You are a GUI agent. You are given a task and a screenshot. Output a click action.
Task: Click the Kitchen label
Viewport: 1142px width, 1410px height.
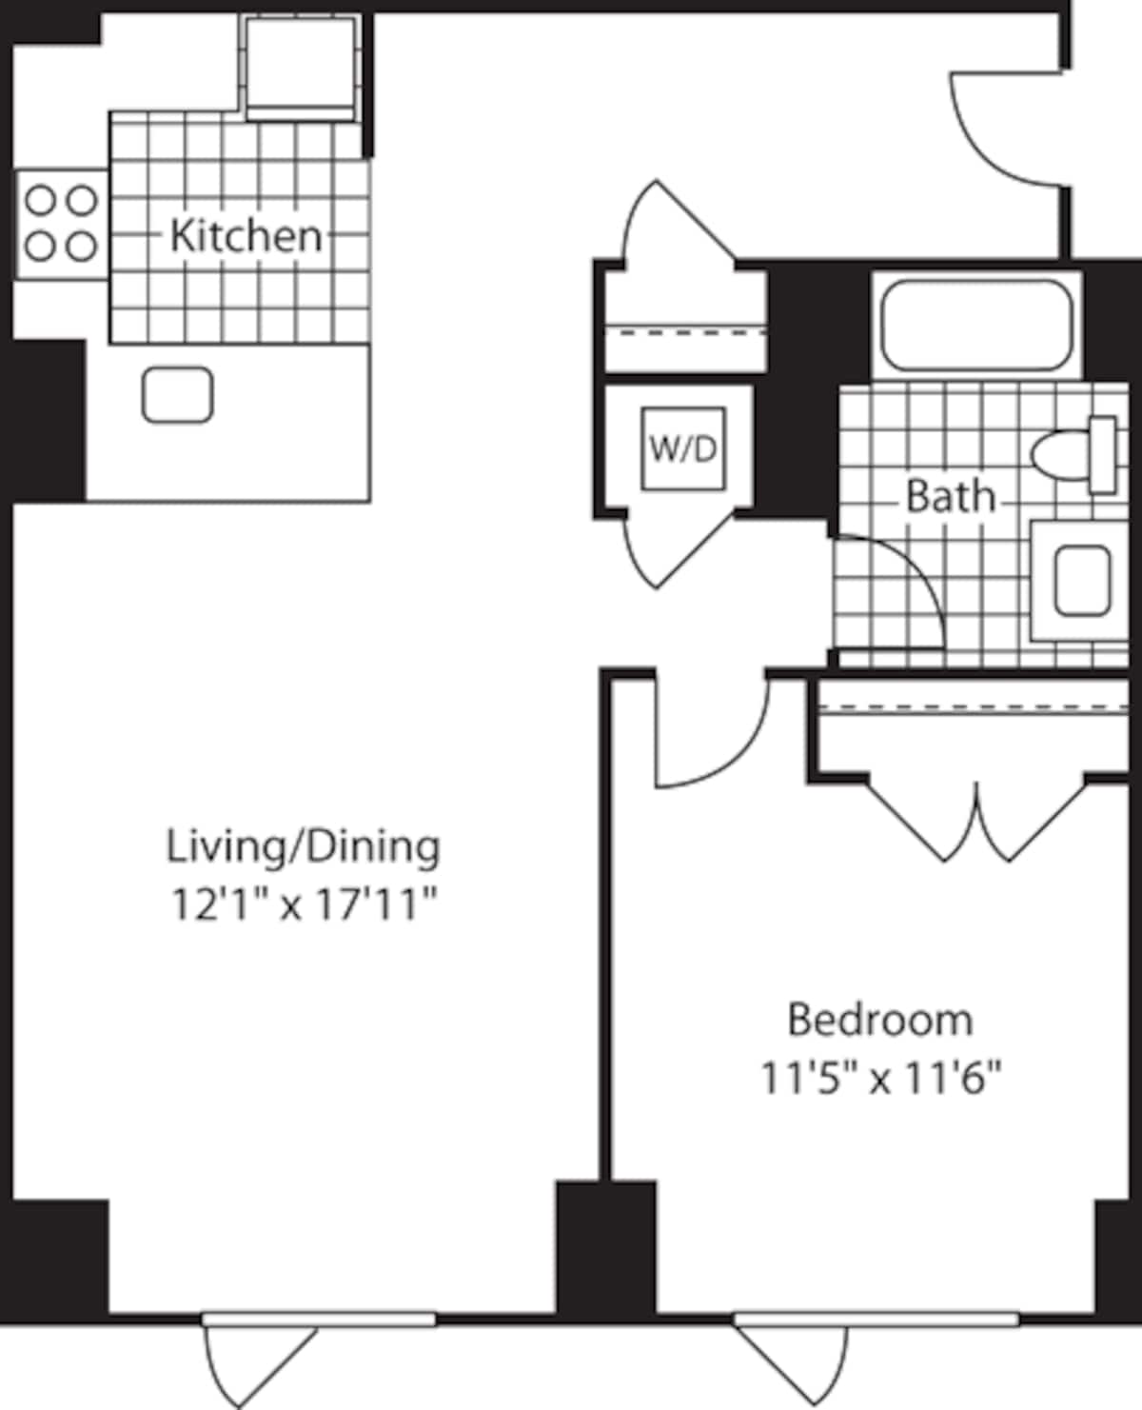pyautogui.click(x=246, y=235)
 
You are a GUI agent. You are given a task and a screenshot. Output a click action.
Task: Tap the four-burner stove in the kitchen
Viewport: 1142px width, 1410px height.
pyautogui.click(x=61, y=225)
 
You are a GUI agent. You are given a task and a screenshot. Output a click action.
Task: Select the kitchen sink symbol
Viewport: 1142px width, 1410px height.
pyautogui.click(x=177, y=395)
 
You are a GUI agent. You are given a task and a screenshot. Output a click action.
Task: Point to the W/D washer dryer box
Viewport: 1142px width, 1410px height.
pyautogui.click(x=682, y=448)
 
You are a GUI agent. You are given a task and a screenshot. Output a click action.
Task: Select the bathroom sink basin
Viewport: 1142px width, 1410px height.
pyautogui.click(x=1082, y=581)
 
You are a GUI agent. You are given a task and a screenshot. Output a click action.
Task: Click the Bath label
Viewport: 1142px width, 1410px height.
pyautogui.click(x=949, y=496)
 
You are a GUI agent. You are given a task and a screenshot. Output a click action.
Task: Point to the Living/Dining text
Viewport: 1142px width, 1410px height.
pyautogui.click(x=303, y=846)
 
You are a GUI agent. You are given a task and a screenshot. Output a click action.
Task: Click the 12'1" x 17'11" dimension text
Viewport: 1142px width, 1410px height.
pyautogui.click(x=303, y=904)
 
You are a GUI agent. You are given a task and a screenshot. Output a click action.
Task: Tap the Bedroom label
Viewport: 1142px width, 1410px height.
pyautogui.click(x=880, y=1020)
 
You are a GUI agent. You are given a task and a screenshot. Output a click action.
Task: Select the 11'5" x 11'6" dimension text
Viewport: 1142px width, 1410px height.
pyautogui.click(x=880, y=1080)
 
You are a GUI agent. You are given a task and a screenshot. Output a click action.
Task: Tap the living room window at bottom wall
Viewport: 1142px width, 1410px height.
pyautogui.click(x=318, y=1320)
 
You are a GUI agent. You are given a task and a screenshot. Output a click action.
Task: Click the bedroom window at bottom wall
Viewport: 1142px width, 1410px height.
pyautogui.click(x=876, y=1320)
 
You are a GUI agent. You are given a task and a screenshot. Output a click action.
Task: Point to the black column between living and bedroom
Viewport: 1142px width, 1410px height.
pyautogui.click(x=606, y=1247)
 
